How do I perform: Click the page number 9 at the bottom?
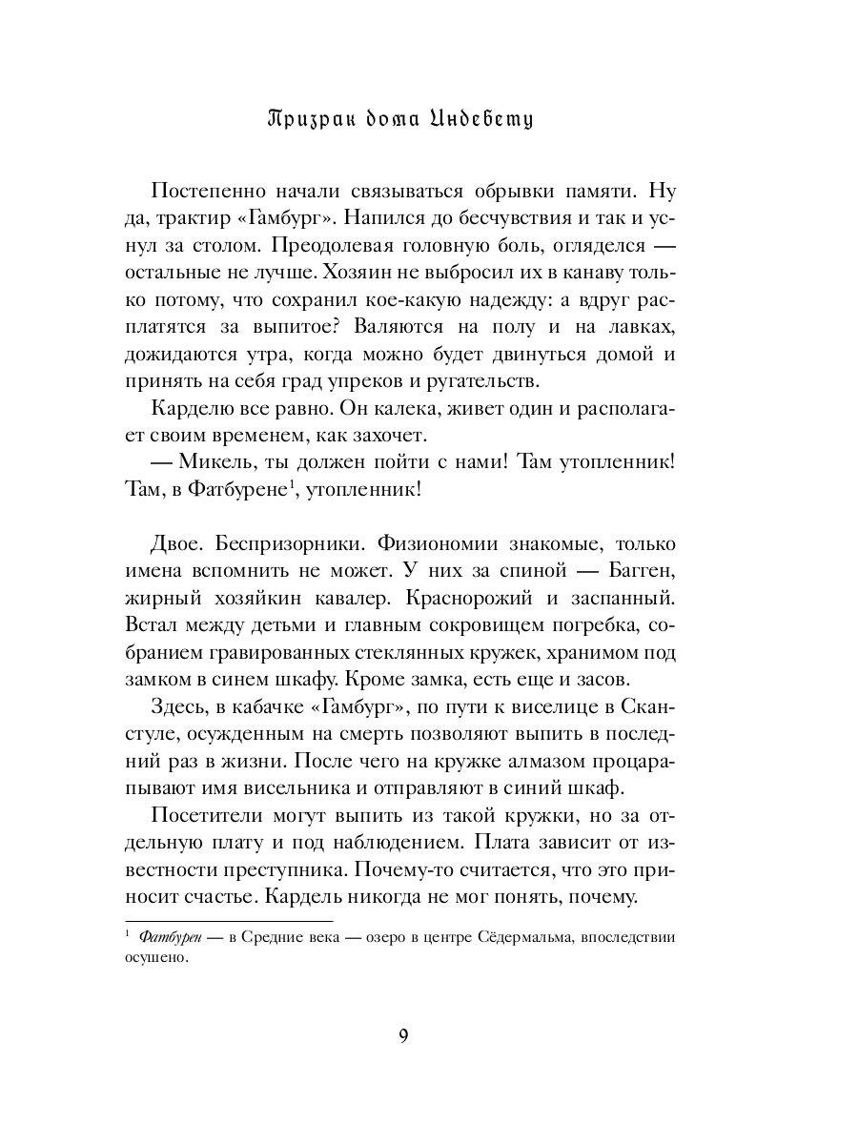[x=403, y=1037]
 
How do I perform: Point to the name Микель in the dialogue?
[x=220, y=463]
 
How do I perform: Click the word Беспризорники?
[x=288, y=544]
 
